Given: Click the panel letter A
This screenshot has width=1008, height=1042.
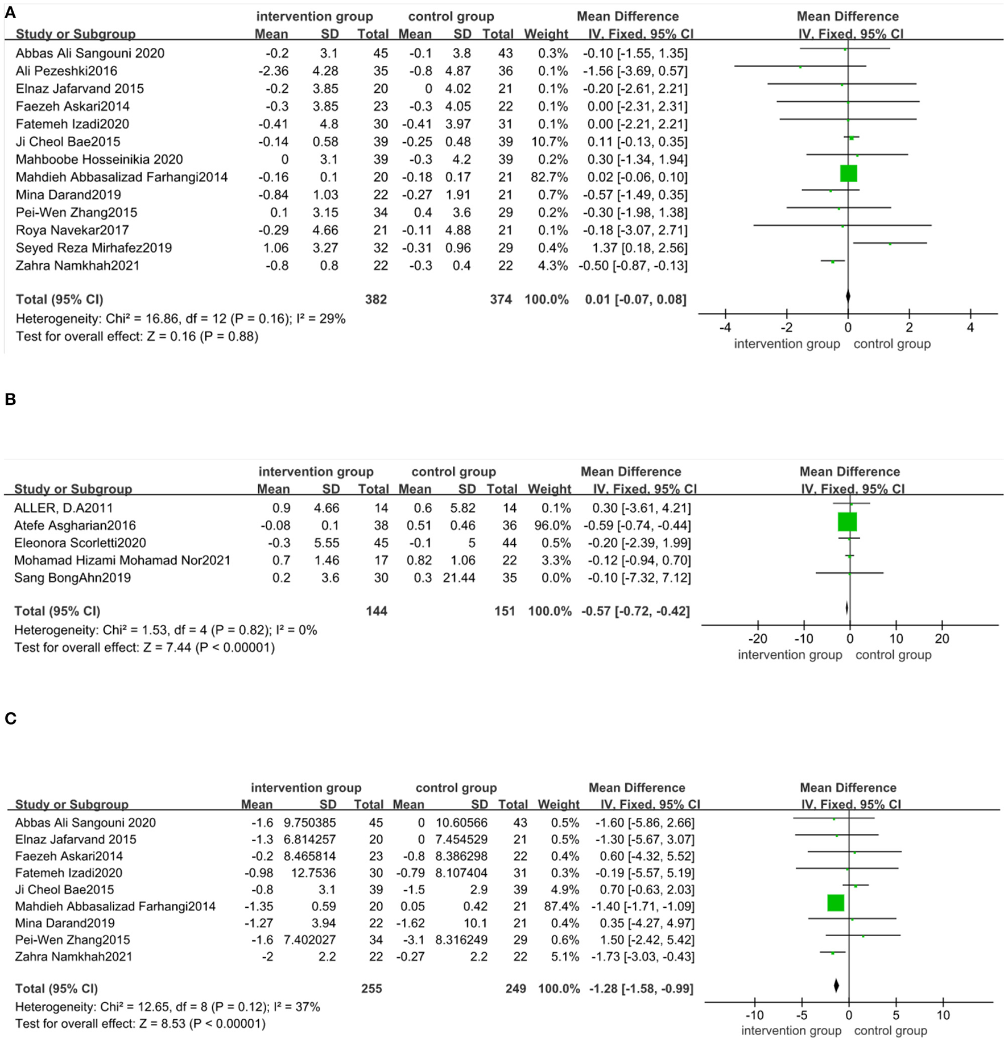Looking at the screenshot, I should [10, 13].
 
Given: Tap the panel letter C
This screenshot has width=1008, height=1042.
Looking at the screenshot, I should [10, 719].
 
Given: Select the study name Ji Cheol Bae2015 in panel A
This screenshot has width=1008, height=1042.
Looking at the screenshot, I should [68, 142].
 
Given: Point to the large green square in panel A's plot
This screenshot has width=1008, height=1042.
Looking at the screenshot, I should [848, 173].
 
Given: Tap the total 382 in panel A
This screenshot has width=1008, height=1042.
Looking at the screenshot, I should [375, 299].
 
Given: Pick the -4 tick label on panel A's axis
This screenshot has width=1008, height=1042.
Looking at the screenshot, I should [725, 328].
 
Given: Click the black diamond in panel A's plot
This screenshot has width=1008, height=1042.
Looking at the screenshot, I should [848, 296].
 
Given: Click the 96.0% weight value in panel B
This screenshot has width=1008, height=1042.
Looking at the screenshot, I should [550, 526].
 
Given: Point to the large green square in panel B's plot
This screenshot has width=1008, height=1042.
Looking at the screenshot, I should [847, 522].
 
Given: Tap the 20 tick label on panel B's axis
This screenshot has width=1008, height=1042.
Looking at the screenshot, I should [941, 639].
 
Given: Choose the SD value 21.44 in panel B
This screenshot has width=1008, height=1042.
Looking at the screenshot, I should [459, 578].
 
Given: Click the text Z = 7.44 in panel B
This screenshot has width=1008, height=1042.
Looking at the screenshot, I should [167, 647].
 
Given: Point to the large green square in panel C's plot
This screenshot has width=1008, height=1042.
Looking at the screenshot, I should [836, 903].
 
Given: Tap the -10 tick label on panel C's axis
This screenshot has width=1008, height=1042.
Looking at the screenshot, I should [754, 1015].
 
